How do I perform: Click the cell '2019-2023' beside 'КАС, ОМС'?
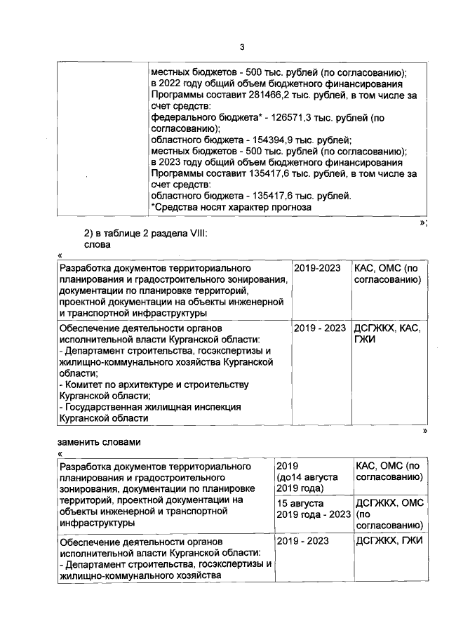pyautogui.click(x=317, y=268)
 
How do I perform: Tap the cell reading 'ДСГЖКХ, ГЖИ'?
pyautogui.click(x=387, y=541)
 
